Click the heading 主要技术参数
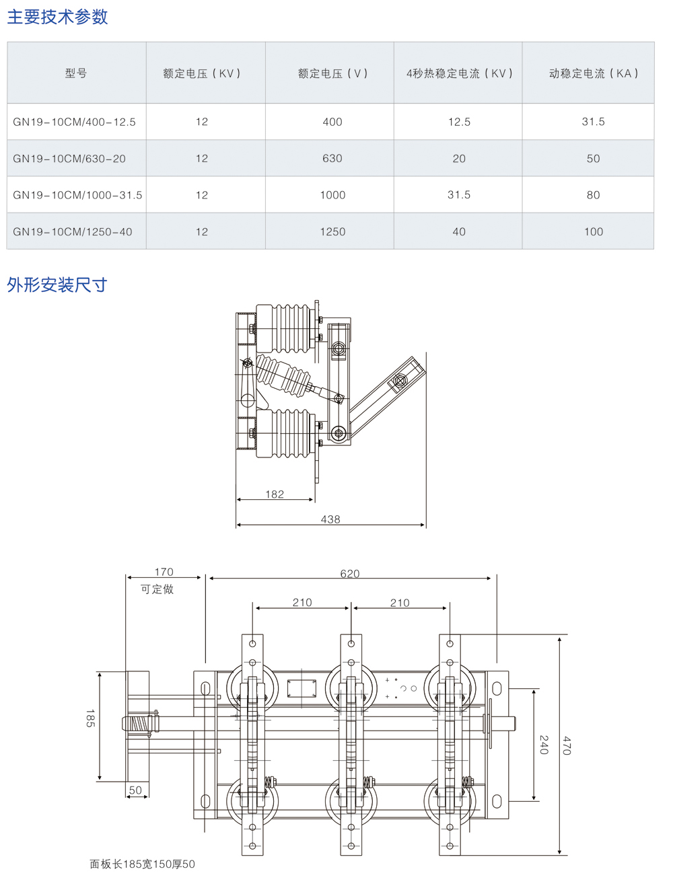click(57, 17)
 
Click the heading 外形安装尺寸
click(57, 285)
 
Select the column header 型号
click(76, 73)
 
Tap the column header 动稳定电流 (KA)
click(593, 73)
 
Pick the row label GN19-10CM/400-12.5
click(74, 122)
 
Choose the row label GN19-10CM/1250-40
click(73, 231)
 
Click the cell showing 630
click(332, 159)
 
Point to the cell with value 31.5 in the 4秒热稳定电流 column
click(459, 195)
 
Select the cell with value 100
click(594, 231)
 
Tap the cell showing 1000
click(332, 195)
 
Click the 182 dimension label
click(275, 494)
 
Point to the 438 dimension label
click(330, 519)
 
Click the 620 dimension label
click(350, 574)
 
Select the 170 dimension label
click(164, 572)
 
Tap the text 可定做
click(157, 589)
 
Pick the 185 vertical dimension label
click(90, 718)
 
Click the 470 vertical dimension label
click(567, 745)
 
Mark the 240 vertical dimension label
click(544, 745)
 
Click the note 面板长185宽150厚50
click(143, 864)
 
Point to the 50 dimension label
click(136, 790)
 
